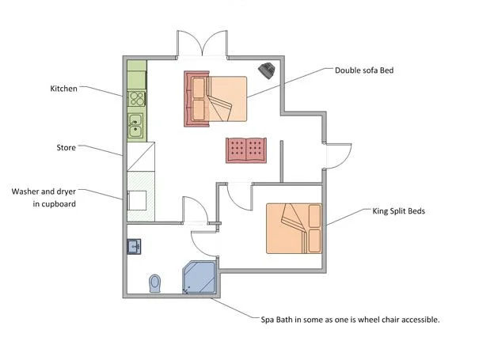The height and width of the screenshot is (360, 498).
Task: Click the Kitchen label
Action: point(64,89)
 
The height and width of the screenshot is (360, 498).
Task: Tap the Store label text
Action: point(66,148)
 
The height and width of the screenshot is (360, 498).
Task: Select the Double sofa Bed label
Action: point(364,70)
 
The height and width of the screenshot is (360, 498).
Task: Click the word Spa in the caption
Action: point(270,320)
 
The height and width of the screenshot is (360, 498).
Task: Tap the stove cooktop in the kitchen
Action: point(136,100)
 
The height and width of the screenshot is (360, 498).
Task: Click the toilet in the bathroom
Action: point(154,282)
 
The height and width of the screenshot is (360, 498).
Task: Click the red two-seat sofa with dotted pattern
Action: point(247,150)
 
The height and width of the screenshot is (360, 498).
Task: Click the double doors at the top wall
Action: point(203,44)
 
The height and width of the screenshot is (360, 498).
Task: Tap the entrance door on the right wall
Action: point(337,156)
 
